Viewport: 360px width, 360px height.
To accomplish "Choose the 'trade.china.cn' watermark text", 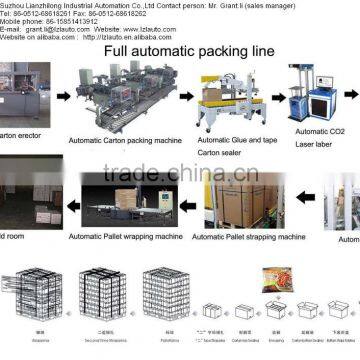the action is [x=180, y=174].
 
